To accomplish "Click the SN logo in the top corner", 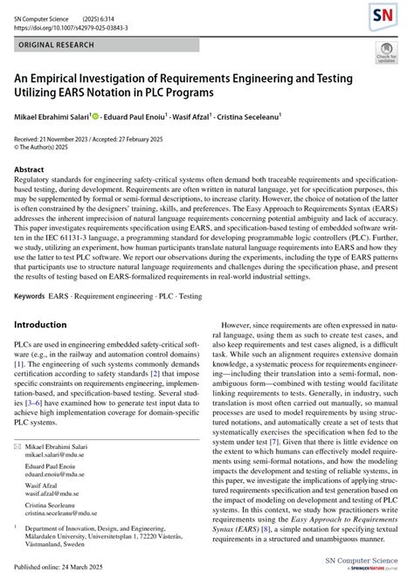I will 381,15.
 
